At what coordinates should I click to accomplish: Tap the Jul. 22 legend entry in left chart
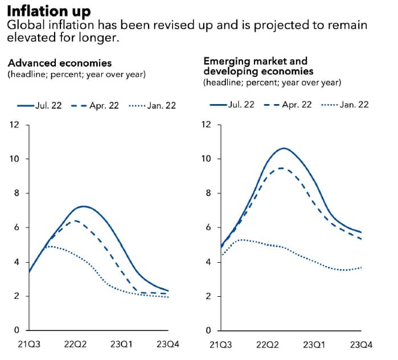click(47, 106)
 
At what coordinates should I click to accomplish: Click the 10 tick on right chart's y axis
click(207, 159)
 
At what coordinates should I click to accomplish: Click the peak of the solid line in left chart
click(84, 206)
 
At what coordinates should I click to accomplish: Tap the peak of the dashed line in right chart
click(281, 168)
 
